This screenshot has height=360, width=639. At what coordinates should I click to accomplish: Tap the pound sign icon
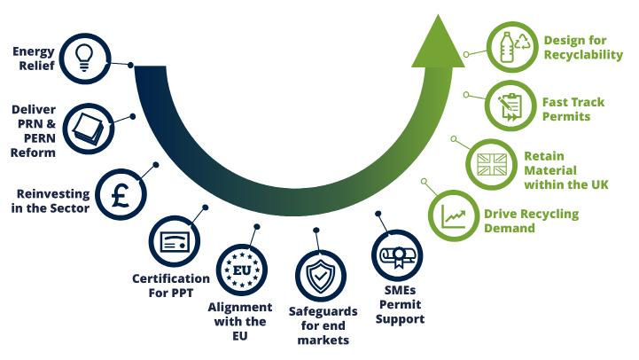point(121,195)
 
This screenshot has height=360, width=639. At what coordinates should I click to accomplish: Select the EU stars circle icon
point(242,270)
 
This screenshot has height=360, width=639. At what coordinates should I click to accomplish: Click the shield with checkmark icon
point(320,276)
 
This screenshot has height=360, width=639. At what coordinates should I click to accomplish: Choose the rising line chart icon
point(454,215)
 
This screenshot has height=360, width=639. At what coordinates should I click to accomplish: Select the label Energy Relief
point(34,58)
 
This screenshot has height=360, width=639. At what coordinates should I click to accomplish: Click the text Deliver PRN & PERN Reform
point(34,131)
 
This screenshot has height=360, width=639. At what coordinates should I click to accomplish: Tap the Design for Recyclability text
point(583,48)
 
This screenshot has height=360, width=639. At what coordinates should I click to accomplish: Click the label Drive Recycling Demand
point(531,221)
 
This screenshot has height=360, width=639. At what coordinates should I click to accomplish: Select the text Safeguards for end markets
point(322,326)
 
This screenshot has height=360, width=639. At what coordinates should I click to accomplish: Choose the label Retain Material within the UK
point(561,169)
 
